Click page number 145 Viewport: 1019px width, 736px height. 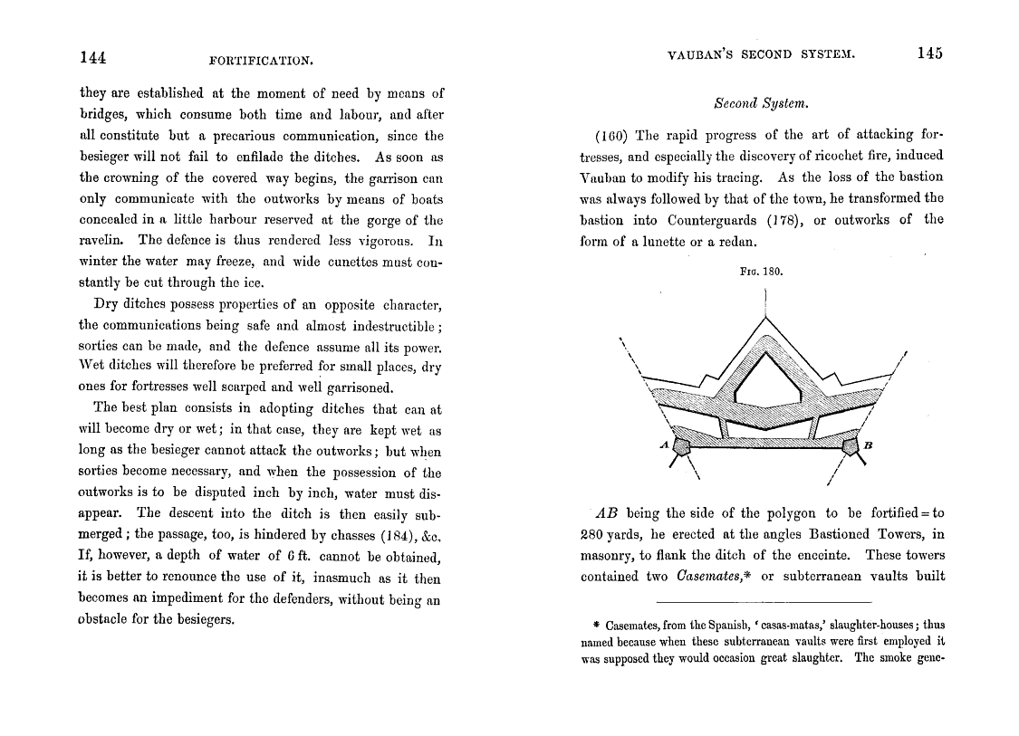[929, 53]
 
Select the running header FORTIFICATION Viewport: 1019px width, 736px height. [261, 62]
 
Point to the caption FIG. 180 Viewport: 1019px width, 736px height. [759, 271]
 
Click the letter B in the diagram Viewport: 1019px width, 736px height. [868, 445]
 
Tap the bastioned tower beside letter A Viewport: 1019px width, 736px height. [681, 444]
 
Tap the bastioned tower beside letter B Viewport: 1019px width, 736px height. [850, 444]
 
